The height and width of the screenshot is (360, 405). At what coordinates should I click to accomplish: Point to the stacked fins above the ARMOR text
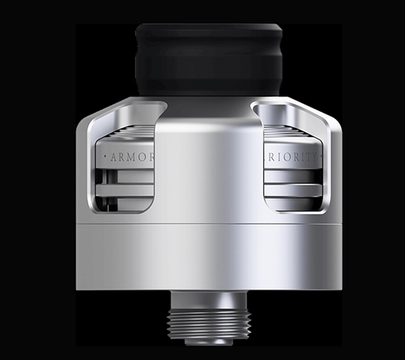(130, 134)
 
